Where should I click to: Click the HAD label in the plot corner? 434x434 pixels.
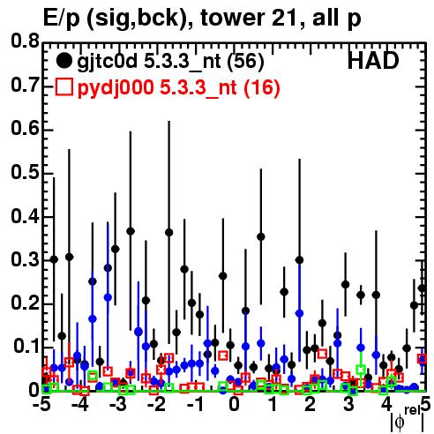[373, 61]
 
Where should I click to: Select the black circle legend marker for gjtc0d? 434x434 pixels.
[64, 61]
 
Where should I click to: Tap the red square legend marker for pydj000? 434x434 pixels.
[64, 87]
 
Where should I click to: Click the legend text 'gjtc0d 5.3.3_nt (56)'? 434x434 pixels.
[170, 62]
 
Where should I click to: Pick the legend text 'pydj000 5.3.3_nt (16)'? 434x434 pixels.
[179, 88]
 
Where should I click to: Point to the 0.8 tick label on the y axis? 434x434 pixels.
[25, 41]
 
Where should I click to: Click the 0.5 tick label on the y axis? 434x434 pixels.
[25, 172]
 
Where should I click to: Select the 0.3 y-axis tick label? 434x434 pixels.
[25, 259]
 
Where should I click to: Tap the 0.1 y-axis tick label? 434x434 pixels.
[26, 346]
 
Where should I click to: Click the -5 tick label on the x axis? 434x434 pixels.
[44, 404]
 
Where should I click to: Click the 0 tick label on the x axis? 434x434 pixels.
[234, 404]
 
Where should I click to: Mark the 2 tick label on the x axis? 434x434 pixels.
[310, 404]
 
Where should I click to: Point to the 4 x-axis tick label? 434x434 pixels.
[386, 404]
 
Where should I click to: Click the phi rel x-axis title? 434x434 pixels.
[408, 419]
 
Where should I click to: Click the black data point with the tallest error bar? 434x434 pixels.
[168, 233]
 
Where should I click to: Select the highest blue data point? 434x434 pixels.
[108, 297]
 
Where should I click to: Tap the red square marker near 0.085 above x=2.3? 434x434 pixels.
[322, 354]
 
